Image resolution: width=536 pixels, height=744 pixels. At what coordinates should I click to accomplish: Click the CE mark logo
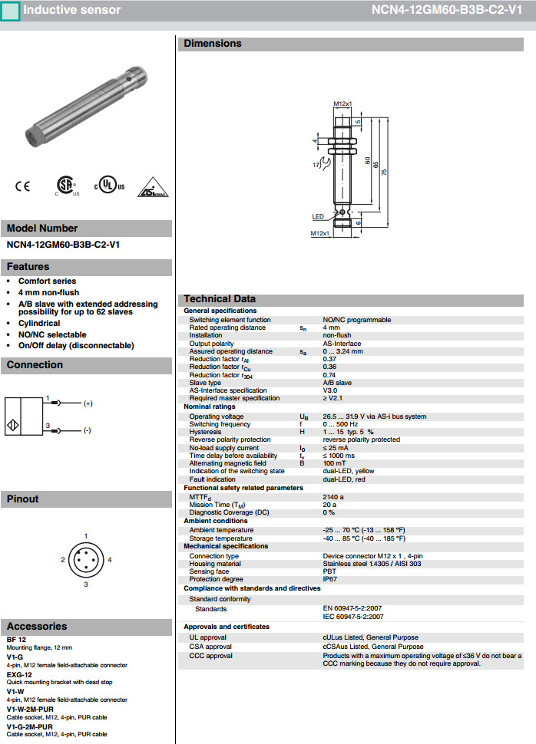point(22,186)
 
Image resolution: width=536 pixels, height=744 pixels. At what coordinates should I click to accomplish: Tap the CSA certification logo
point(66,186)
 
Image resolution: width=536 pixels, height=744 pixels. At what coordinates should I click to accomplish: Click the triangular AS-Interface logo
point(151,189)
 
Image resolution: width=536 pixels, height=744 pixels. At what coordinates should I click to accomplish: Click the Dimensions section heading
point(213,44)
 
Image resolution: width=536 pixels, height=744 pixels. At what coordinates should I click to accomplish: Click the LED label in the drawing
point(318,216)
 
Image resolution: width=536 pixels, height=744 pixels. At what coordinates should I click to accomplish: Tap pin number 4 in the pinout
point(110,560)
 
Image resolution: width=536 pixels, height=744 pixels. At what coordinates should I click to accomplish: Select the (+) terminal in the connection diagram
point(88,403)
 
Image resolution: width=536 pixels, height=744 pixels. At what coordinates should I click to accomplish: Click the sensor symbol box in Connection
point(23,416)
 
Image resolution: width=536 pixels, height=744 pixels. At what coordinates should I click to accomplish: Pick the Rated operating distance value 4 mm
point(332,328)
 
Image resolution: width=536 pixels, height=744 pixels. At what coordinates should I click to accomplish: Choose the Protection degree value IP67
point(330,580)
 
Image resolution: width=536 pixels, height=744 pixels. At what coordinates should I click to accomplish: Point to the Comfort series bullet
point(47,281)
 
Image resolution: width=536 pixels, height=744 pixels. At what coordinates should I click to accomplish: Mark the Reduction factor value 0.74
point(329,375)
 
